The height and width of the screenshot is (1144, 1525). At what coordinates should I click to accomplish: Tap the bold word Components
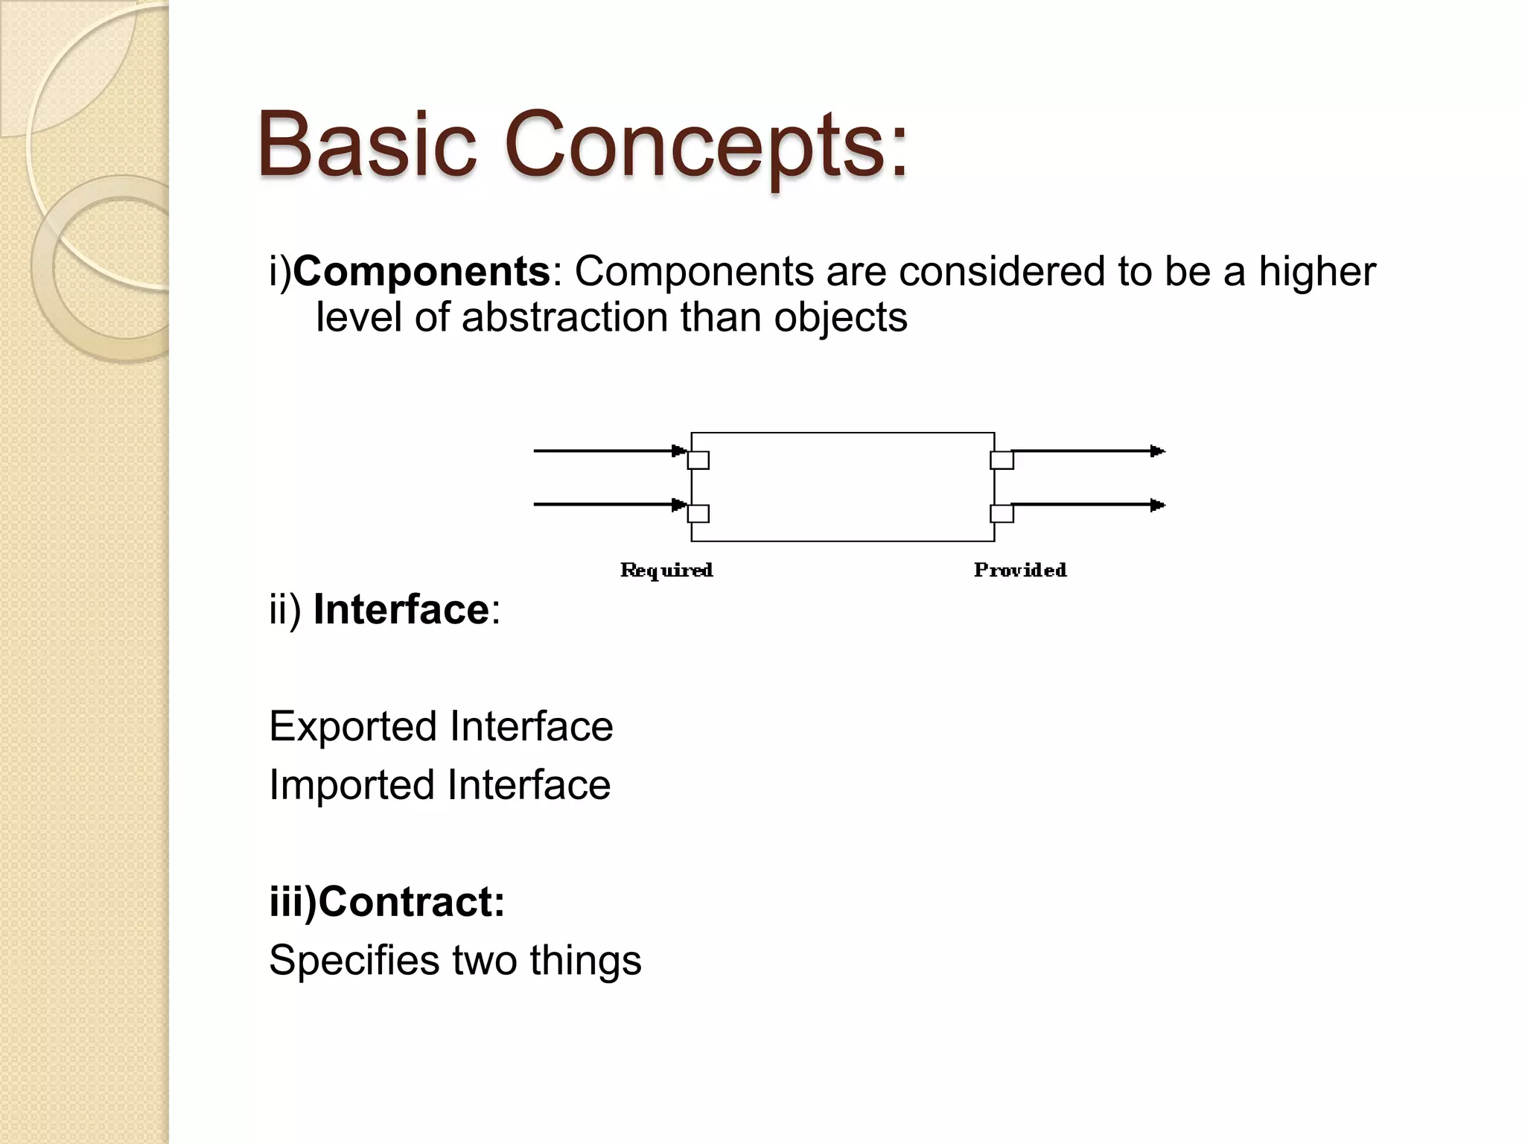coord(421,271)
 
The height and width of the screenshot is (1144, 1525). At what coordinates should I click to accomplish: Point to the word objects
coord(841,317)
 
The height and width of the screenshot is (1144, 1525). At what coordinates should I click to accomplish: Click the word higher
coord(1317,271)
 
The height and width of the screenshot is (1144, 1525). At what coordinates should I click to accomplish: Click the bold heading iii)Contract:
coord(387,902)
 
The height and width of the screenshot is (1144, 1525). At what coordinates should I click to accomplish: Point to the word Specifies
coord(354,961)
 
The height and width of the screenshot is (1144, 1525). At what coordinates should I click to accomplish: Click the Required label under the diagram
coord(666,571)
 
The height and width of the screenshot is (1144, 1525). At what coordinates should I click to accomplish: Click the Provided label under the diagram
coord(1020,571)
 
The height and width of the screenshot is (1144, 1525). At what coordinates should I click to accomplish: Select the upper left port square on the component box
coord(698,460)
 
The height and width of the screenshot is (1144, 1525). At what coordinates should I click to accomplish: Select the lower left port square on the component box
coord(698,514)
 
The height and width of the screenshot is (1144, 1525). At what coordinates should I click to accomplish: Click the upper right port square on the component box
coord(1002,460)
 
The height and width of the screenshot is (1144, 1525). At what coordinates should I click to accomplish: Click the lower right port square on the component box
coord(1002,514)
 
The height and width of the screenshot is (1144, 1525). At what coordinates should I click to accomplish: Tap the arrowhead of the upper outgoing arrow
coord(1157,451)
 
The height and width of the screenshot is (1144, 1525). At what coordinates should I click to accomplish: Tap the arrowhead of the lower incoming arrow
coord(678,505)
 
